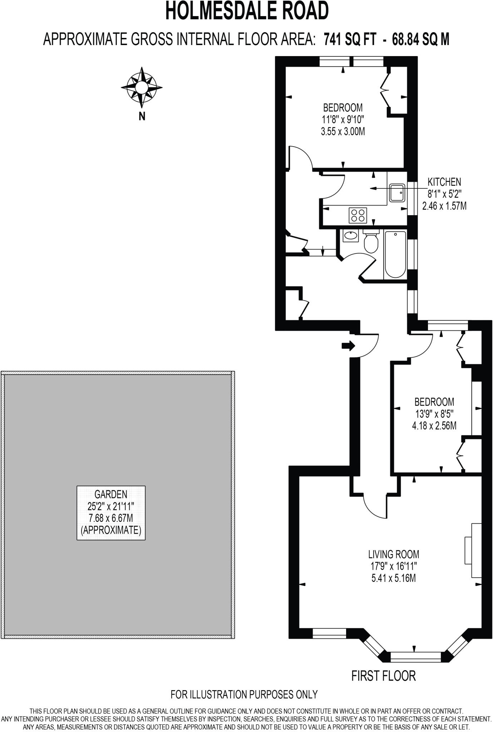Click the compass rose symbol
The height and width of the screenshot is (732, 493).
[142, 87]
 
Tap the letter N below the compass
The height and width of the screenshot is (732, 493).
[142, 116]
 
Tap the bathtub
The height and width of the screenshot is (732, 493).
[395, 254]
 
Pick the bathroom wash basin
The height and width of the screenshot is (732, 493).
[351, 236]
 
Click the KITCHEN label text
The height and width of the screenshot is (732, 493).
[444, 182]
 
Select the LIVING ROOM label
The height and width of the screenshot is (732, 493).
[394, 554]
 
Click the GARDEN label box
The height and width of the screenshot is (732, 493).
[111, 512]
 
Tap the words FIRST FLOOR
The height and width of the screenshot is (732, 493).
[384, 676]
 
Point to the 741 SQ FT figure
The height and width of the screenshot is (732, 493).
[350, 39]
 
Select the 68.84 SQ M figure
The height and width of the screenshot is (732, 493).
[420, 39]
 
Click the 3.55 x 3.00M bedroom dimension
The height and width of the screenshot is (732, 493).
[343, 132]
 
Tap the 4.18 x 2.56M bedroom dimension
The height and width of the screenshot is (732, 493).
[434, 426]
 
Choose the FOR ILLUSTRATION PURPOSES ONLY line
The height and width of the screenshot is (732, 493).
[244, 694]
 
